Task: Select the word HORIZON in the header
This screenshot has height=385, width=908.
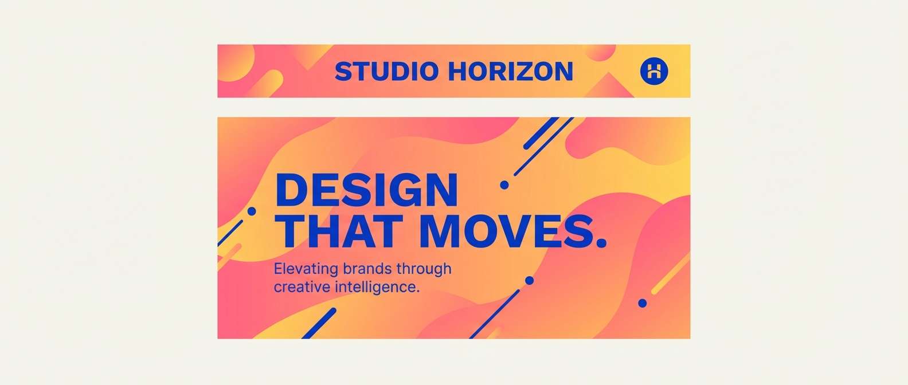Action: [511, 71]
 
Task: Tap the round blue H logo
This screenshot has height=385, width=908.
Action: [654, 71]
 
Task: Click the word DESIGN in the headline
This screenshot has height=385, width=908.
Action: [366, 190]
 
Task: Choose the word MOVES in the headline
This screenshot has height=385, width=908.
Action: [502, 231]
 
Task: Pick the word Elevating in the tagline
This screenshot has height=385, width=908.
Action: [306, 269]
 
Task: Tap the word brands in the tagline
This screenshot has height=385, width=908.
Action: [367, 268]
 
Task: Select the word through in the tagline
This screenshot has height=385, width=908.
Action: [424, 269]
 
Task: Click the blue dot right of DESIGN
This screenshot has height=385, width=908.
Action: [504, 185]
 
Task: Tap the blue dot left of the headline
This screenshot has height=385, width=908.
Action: [252, 211]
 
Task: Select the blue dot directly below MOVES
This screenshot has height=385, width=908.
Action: [530, 280]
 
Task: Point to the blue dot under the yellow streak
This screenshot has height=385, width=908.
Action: [643, 302]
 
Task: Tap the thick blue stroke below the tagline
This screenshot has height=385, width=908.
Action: [319, 323]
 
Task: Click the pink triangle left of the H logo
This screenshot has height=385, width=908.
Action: [608, 86]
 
